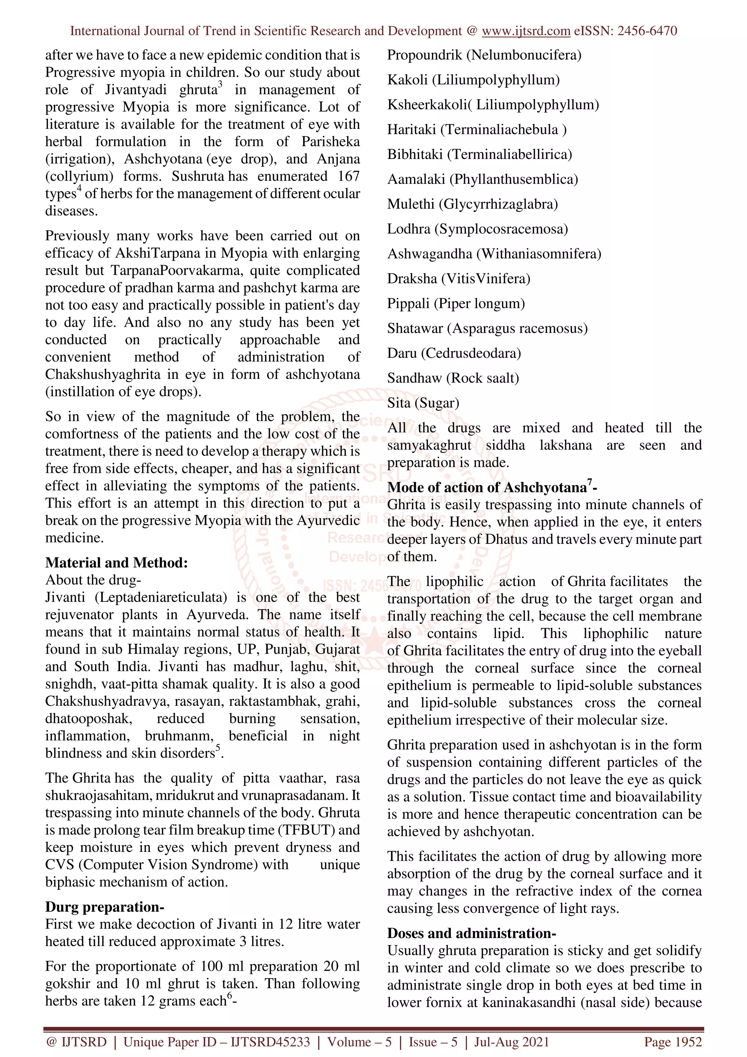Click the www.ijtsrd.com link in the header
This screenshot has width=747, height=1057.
tap(526, 31)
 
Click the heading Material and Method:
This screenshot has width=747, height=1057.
tap(116, 562)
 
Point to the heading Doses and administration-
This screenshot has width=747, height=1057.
tap(471, 933)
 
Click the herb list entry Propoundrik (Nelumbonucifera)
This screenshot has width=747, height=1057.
tap(484, 55)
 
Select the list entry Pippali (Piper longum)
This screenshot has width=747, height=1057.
tap(456, 303)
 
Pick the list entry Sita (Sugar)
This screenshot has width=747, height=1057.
tap(423, 403)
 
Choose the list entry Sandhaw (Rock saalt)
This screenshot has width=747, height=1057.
tap(453, 378)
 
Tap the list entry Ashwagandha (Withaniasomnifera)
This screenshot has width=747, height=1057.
tap(494, 253)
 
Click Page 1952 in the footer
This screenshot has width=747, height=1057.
tap(673, 1042)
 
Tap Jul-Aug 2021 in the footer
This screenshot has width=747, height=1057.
tap(511, 1042)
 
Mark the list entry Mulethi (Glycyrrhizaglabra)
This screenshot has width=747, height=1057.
tap(472, 204)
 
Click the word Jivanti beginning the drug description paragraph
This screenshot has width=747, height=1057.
tap(65, 597)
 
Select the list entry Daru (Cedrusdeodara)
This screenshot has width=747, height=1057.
tap(454, 353)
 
